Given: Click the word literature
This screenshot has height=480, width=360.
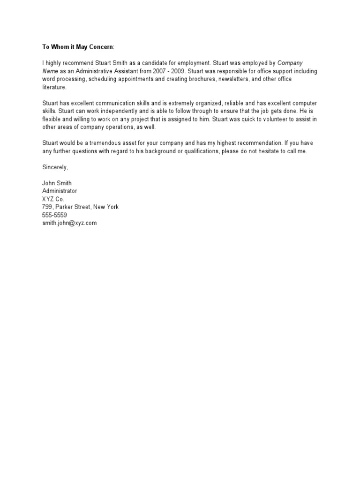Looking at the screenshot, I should pos(54,87).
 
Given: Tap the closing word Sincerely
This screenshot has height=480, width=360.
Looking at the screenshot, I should pos(55,167).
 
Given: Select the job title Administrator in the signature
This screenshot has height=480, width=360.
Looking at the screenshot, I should pos(60,191).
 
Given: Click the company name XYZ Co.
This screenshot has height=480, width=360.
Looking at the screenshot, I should pos(53,199).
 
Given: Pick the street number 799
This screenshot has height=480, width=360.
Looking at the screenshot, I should pos(47,207).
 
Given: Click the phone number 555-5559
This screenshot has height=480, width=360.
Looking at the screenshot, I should pos(54,215).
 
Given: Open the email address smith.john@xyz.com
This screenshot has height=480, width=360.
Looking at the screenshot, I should pos(69,223).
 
